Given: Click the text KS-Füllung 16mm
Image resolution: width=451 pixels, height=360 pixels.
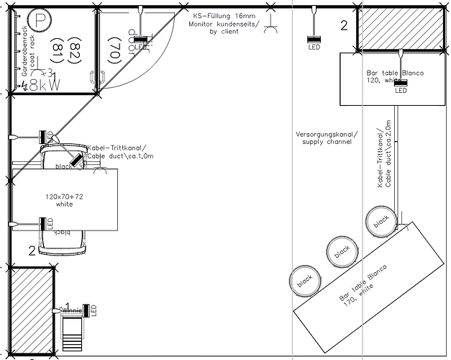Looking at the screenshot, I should click(224, 15).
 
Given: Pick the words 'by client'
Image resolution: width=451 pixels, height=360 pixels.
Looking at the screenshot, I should click(225, 32).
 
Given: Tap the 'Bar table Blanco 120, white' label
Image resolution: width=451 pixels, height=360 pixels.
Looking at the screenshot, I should click(395, 77).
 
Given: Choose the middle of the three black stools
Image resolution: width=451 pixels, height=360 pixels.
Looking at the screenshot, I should click(341, 250).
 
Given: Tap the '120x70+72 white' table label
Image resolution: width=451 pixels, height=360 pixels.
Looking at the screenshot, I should click(64, 200).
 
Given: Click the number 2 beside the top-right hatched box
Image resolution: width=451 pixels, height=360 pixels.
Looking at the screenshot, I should click(344, 27).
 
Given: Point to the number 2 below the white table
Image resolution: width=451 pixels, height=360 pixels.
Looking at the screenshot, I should click(31, 251).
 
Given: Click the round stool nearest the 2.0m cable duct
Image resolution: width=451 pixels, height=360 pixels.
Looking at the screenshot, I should click(380, 219).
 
